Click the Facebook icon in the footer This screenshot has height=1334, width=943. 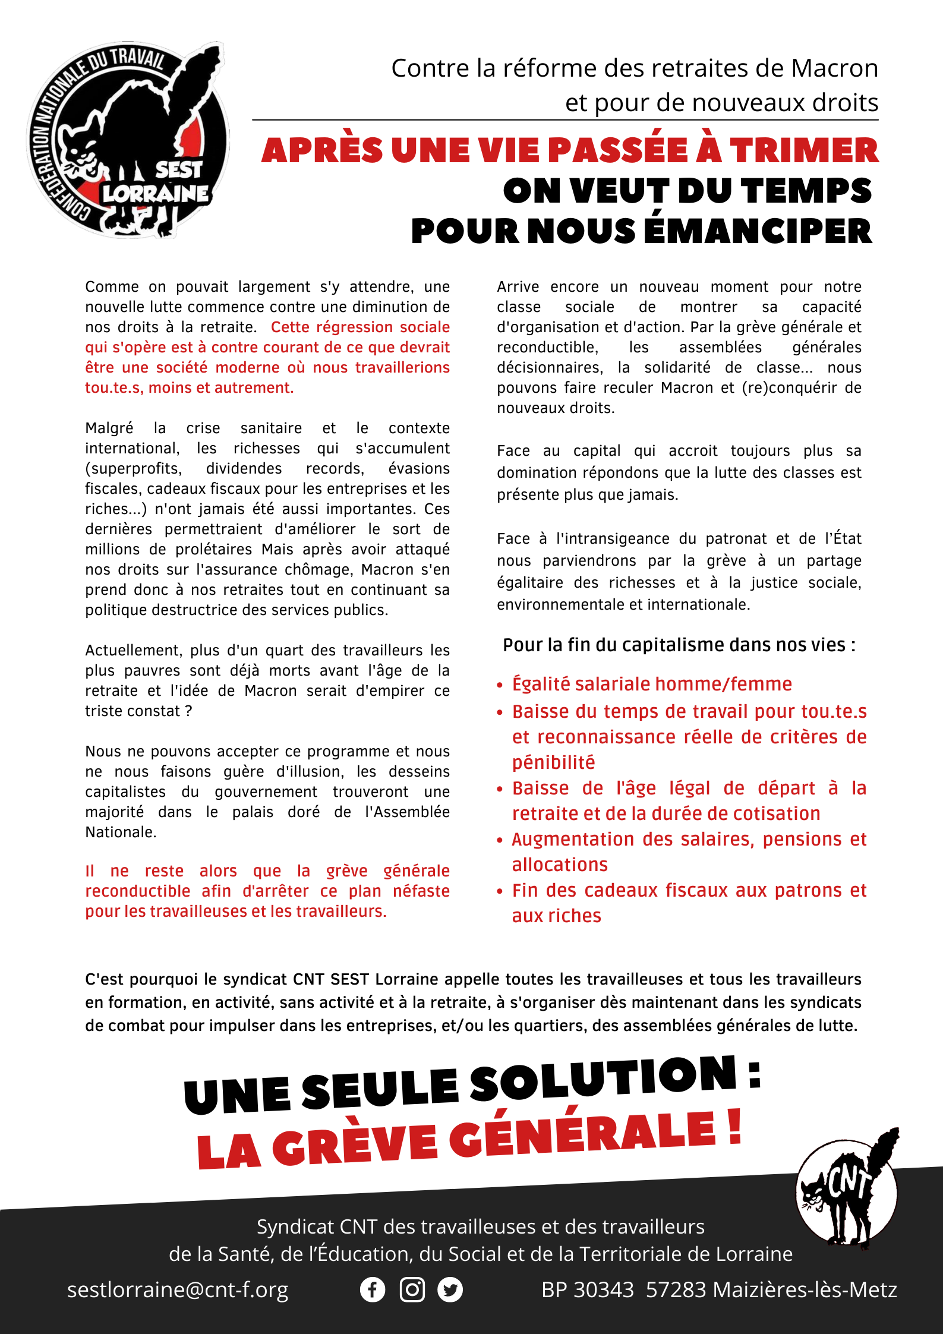coord(373,1290)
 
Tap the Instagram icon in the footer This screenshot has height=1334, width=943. coord(412,1290)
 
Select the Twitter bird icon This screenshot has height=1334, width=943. coord(450,1290)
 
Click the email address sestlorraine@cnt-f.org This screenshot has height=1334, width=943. coord(178,1290)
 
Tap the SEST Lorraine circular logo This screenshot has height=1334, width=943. coord(128,140)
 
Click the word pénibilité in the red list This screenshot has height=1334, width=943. coord(553,762)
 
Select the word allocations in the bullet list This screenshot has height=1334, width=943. coord(560,865)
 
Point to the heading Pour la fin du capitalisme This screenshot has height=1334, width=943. coord(679,645)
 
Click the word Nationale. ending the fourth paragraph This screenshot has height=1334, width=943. coord(121,832)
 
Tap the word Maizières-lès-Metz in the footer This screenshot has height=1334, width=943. coord(805,1290)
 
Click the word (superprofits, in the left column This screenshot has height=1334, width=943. coord(134,469)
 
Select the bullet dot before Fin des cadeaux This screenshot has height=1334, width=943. coord(500,891)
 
